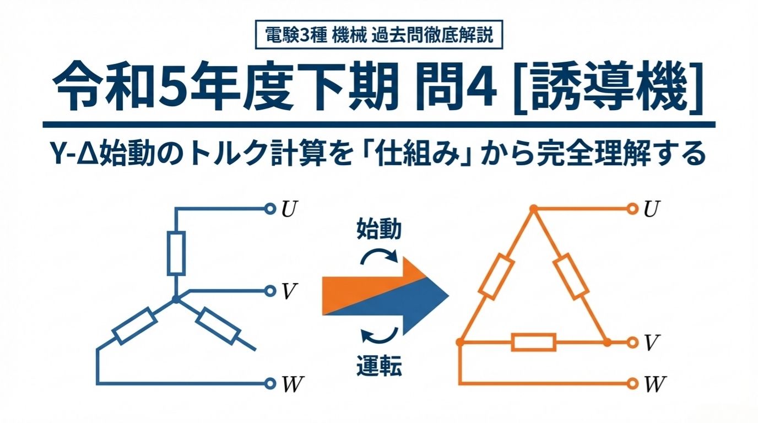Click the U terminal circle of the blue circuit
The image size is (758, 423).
point(270,209)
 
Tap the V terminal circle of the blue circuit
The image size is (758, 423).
point(270,291)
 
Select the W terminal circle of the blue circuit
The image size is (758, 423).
point(270,383)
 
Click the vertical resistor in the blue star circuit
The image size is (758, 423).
point(176,253)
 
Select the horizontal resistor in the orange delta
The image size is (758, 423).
point(534,342)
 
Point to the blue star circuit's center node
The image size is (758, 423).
point(176,299)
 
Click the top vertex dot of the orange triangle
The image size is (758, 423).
point(534,208)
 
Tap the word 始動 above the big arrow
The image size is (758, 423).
point(379,230)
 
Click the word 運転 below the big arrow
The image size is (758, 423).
point(379,366)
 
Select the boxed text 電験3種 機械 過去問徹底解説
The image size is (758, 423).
point(379,35)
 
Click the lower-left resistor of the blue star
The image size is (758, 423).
point(134,326)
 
